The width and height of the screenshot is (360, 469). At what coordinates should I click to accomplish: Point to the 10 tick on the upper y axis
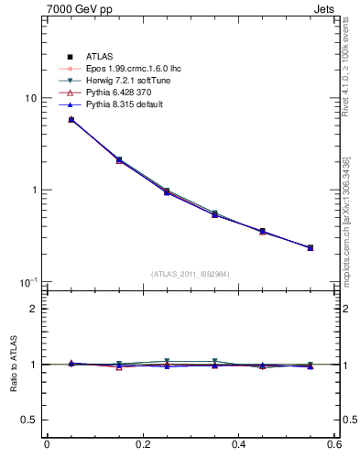29,98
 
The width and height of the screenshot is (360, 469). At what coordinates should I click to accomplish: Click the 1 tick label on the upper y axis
33,191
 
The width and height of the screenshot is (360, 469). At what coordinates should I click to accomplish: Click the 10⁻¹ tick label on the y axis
27,281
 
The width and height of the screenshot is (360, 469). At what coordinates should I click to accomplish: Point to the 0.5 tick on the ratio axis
28,420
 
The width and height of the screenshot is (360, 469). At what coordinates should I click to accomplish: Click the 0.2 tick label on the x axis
143,446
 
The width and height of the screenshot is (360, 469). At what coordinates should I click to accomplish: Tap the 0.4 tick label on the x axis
240,446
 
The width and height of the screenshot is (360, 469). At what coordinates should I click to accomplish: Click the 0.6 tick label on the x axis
335,446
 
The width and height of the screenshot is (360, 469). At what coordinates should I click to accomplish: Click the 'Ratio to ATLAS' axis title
12,364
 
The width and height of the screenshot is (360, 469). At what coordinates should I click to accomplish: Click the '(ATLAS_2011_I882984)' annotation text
191,274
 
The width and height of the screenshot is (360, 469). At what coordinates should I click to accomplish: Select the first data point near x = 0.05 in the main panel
71,120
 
